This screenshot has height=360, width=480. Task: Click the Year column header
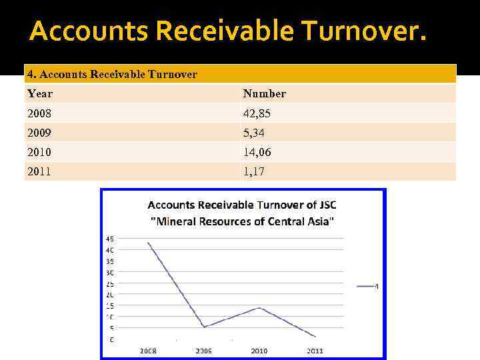coord(40,93)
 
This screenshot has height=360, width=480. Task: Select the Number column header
coord(264,93)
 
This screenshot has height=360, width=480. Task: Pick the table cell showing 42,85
coord(257,113)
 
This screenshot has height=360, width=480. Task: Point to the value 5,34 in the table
coord(254,133)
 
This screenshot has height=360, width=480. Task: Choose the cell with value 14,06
coord(257,152)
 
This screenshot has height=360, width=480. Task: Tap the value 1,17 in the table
coord(253,171)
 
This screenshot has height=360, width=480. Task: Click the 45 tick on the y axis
coord(110,239)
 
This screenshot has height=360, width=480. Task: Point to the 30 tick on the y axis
coord(110,272)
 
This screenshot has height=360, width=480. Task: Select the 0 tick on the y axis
coord(111,339)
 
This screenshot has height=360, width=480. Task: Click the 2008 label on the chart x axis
coord(148,351)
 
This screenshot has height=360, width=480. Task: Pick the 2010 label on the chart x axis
coord(259,351)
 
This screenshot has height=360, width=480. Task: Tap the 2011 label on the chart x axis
coord(315,351)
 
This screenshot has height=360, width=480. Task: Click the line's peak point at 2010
coord(259,308)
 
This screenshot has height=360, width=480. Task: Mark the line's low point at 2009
coord(204,327)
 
